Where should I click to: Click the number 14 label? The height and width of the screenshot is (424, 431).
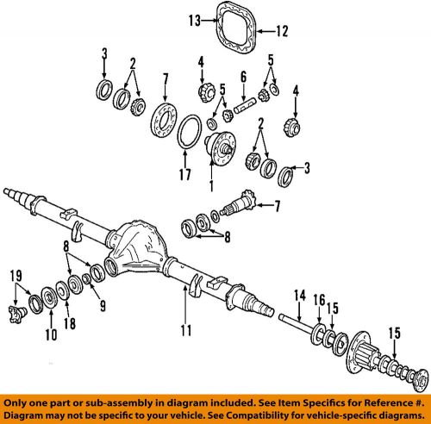pyautogui.click(x=299, y=295)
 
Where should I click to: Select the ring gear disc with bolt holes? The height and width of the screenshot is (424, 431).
pyautogui.click(x=161, y=115)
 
